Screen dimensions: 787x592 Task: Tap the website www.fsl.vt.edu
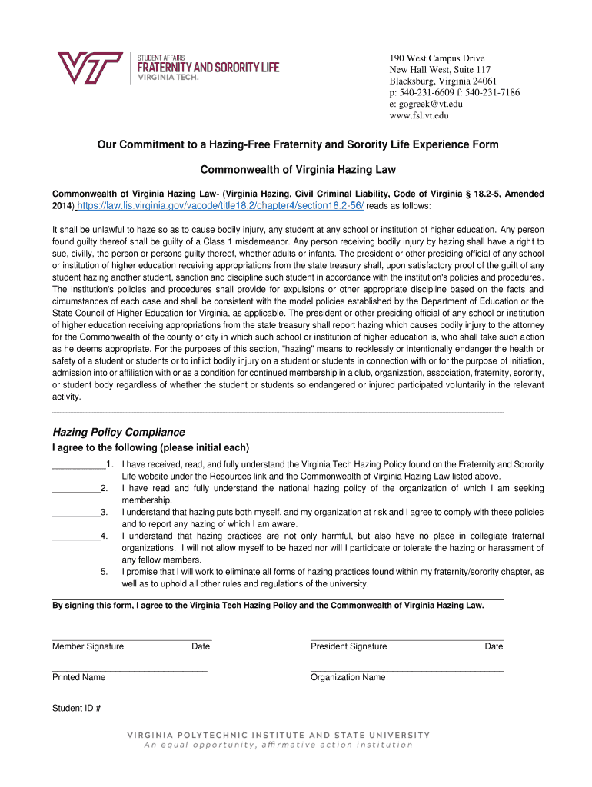pos(418,115)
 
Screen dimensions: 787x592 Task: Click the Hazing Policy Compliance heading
pos(118,432)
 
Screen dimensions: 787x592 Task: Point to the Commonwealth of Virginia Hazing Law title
pos(298,169)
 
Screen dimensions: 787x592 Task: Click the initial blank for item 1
pos(78,466)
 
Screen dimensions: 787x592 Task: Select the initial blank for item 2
pos(75,490)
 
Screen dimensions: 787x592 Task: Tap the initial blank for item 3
pos(75,513)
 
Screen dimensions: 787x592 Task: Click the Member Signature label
pos(88,646)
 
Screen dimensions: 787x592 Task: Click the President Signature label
pos(348,646)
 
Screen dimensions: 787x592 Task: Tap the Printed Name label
pos(78,677)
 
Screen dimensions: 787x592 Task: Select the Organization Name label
pos(348,677)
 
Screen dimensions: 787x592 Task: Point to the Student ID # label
pos(77,708)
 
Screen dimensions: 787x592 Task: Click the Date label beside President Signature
pos(494,646)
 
